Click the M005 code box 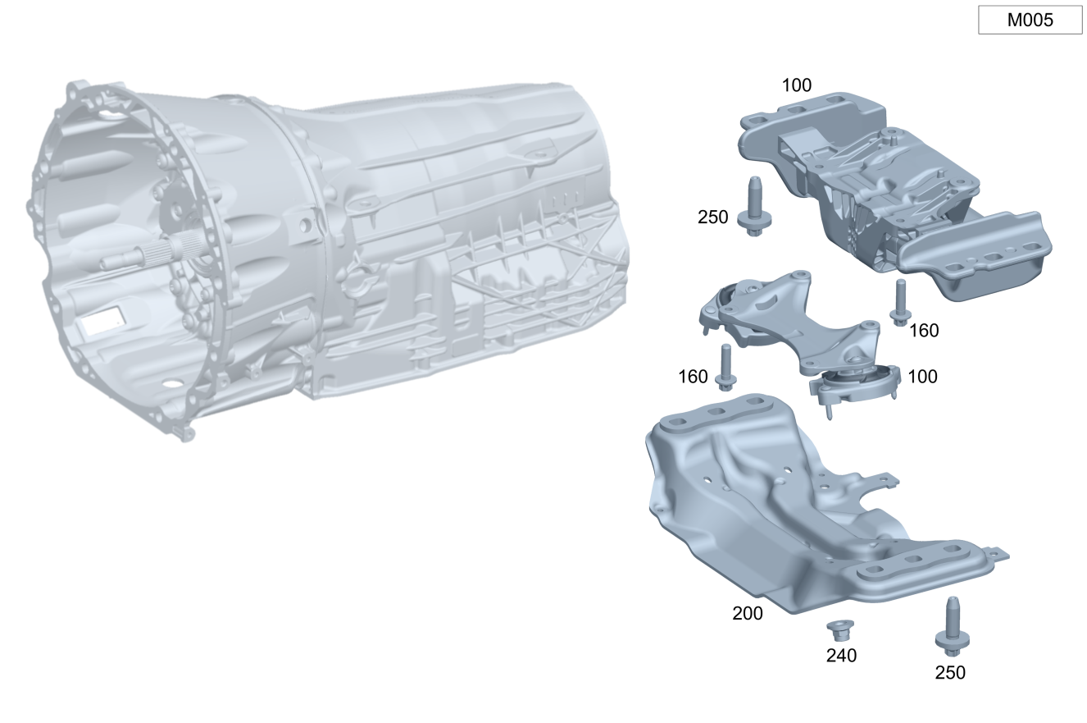(x=1030, y=20)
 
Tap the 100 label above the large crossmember (x=796, y=85)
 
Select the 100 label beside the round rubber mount (x=922, y=377)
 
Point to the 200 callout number (x=748, y=614)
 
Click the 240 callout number (x=841, y=656)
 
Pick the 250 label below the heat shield (x=950, y=673)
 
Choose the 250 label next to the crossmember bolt (x=713, y=217)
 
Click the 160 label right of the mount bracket (x=924, y=331)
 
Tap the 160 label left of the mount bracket (x=693, y=377)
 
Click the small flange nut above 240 (x=840, y=630)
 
